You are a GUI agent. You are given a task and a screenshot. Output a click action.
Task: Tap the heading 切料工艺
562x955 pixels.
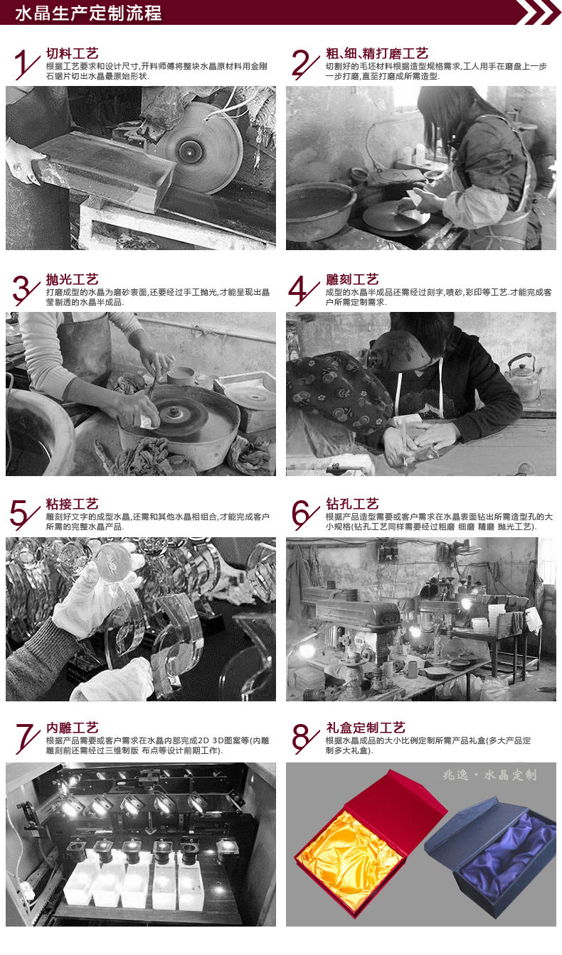tap(72, 53)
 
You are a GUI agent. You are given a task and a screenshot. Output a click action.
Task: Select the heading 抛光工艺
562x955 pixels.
tap(72, 279)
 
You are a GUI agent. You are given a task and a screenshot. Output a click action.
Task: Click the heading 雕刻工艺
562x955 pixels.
tap(352, 279)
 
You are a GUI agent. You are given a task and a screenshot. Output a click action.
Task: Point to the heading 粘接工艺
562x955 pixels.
tap(72, 504)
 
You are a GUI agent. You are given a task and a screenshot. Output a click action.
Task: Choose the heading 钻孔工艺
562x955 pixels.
tap(352, 504)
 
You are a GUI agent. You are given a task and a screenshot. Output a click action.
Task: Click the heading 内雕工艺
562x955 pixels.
tap(72, 728)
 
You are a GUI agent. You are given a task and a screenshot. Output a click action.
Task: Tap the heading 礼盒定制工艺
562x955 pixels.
tap(366, 728)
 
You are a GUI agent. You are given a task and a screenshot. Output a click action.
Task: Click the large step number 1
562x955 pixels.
tap(26, 65)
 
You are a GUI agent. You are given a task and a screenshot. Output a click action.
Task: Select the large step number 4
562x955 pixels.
tap(304, 291)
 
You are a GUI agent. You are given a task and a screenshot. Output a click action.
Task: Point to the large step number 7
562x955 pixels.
tap(26, 739)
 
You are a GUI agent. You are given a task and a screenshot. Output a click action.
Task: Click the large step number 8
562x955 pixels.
tap(304, 739)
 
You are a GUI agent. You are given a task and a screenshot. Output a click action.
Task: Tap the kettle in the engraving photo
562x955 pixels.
tap(523, 377)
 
